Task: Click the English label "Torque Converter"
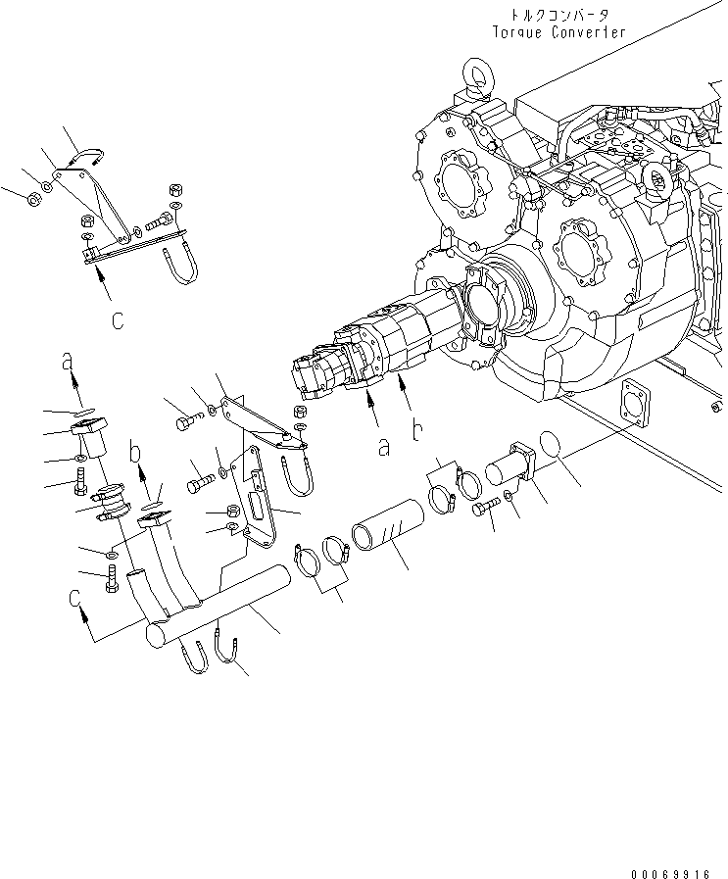559,31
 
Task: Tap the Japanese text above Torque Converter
559,15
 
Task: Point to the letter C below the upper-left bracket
117,319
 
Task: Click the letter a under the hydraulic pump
384,446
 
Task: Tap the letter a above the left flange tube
68,362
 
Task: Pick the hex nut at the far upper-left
31,199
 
